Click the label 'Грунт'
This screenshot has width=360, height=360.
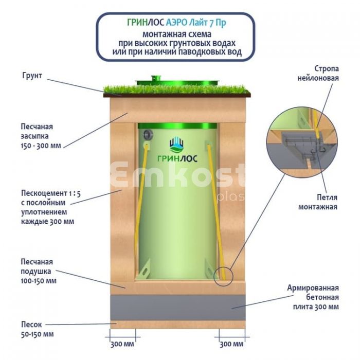(x=32, y=76)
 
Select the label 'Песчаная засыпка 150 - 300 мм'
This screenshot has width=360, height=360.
(x=41, y=136)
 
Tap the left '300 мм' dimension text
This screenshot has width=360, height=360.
(x=122, y=344)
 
